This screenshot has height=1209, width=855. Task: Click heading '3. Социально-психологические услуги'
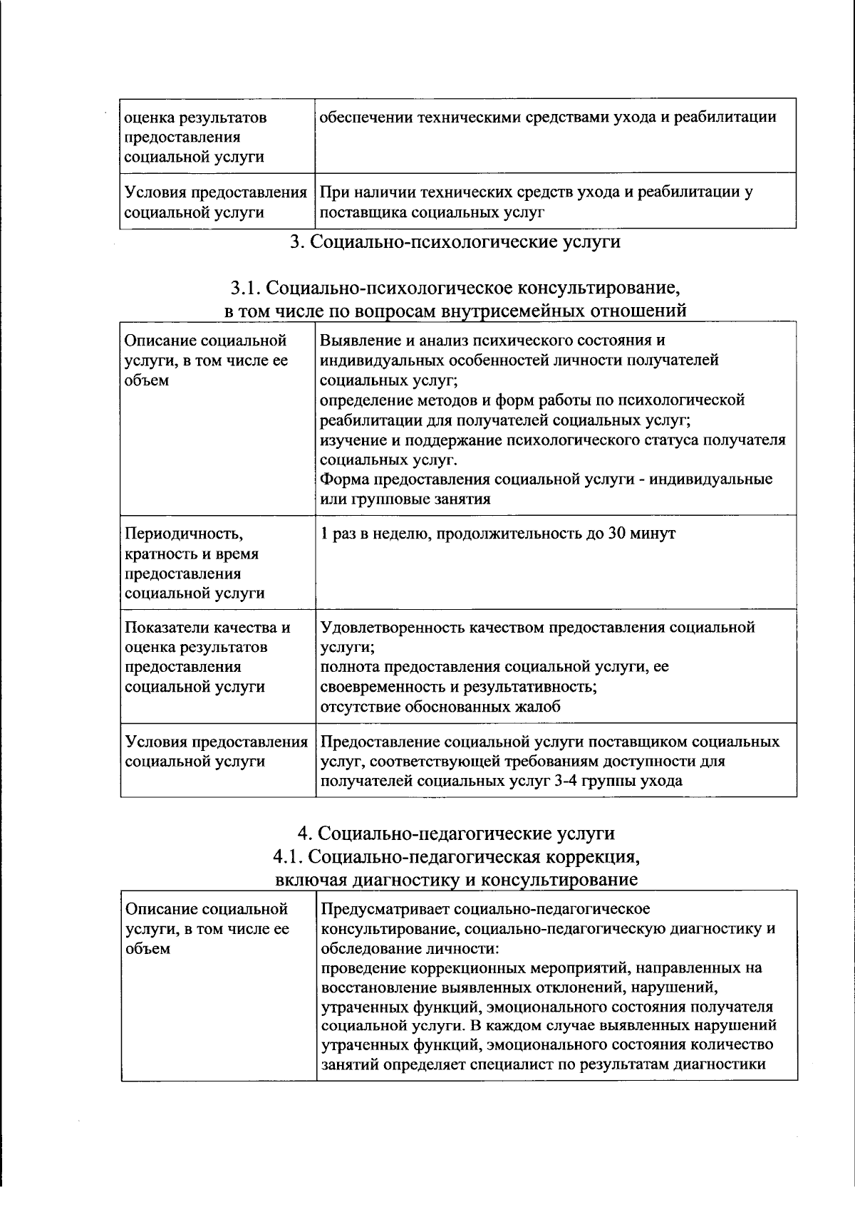(455, 242)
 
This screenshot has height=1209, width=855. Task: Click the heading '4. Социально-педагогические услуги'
(455, 833)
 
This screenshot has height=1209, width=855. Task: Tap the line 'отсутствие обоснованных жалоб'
(440, 707)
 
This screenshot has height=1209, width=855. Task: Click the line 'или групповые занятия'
(405, 499)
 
